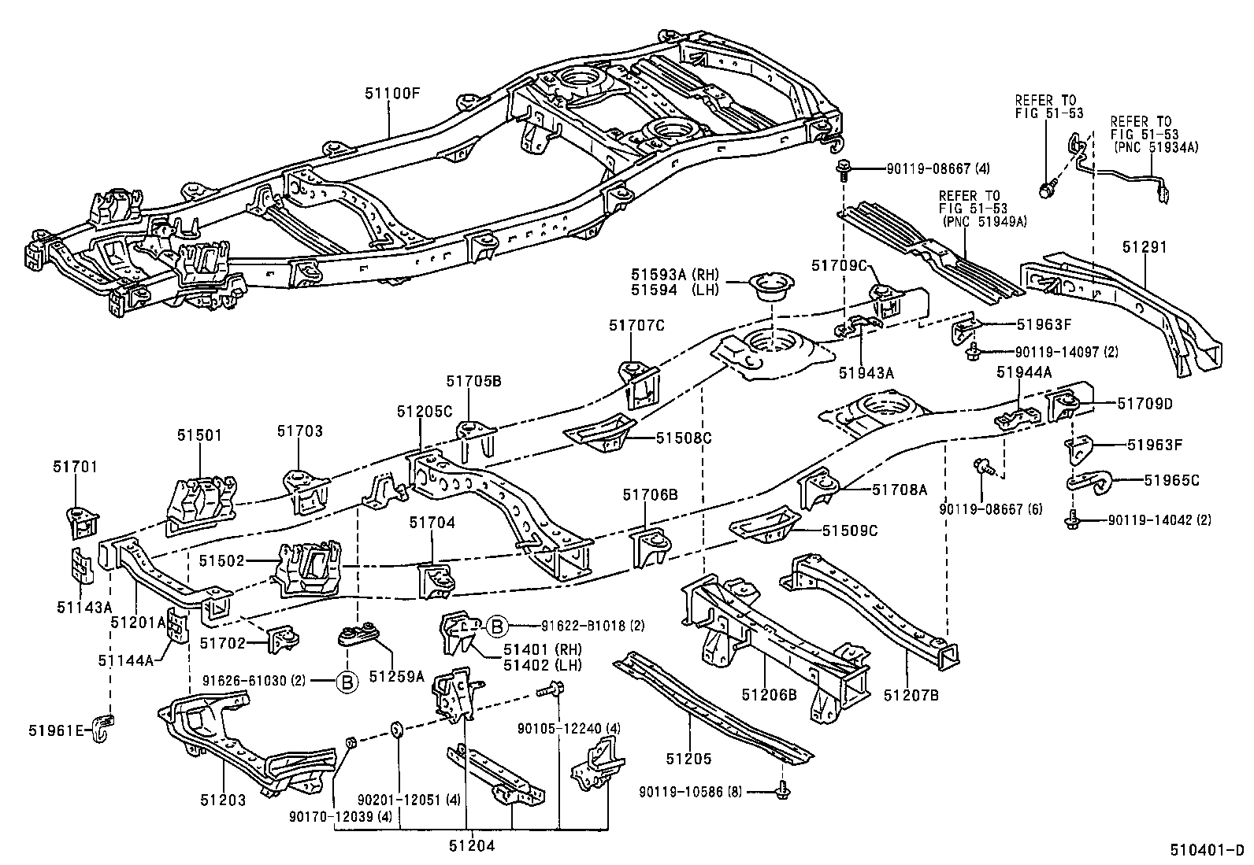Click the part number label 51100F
[x=392, y=93]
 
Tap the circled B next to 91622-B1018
[x=497, y=626]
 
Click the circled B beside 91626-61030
[x=346, y=681]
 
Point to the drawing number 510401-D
[x=1206, y=851]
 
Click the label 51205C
[x=424, y=411]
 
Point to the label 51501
[x=199, y=434]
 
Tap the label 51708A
[x=900, y=489]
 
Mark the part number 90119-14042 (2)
[x=1159, y=519]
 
